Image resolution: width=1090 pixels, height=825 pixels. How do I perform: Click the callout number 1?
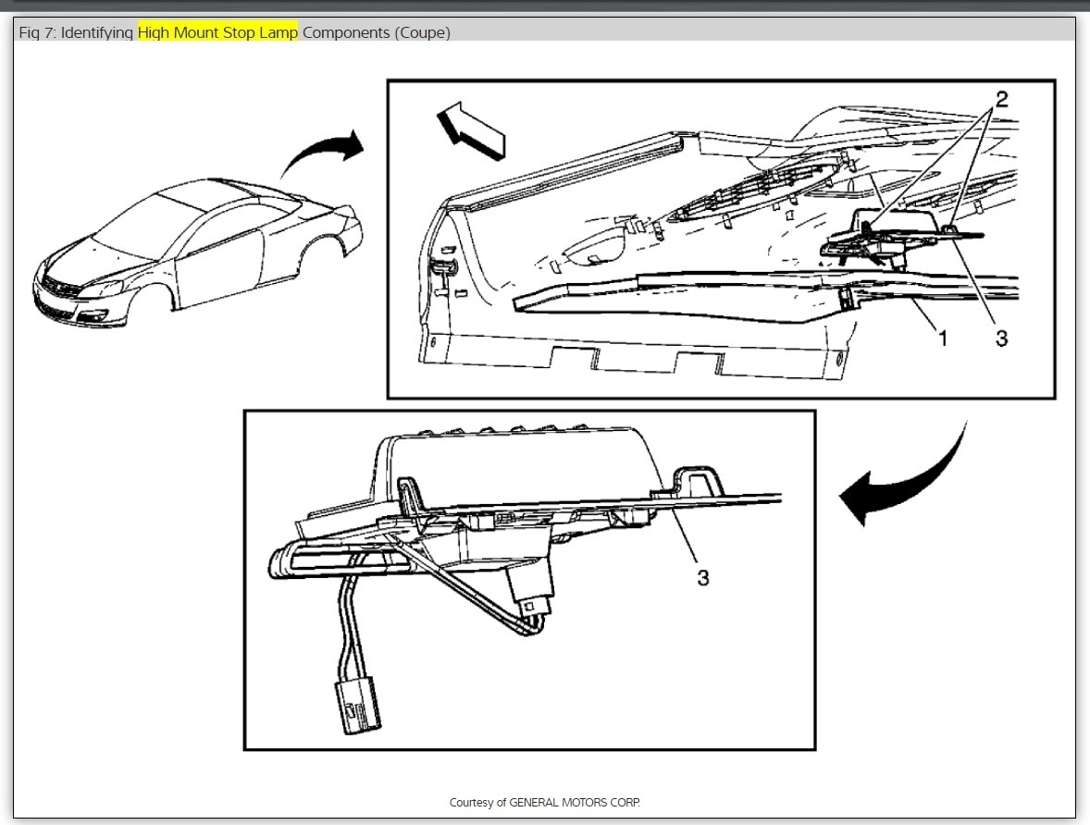[943, 339]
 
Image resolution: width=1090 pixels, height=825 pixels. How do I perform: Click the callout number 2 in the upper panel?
[1001, 98]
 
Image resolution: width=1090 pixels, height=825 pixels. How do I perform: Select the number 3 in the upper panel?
[1001, 339]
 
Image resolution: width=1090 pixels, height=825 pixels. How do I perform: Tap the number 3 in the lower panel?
[703, 578]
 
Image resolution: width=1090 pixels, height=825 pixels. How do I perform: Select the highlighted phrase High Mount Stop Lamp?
[217, 33]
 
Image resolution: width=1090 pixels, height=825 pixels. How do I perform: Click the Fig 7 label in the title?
[36, 33]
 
